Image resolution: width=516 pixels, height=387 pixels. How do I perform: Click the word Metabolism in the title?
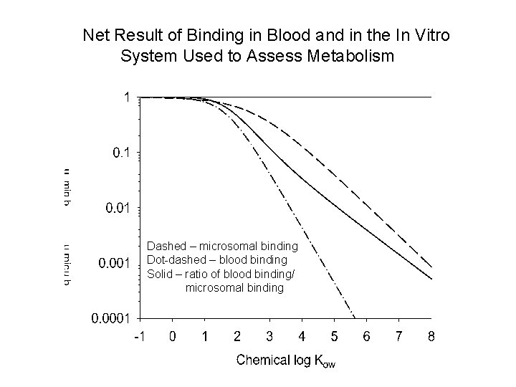pyautogui.click(x=353, y=55)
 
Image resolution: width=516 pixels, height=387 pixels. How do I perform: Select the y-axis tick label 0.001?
pyautogui.click(x=114, y=263)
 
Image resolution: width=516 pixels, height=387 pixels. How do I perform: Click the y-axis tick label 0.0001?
pyautogui.click(x=110, y=318)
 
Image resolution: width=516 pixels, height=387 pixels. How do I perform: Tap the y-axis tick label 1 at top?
pyautogui.click(x=127, y=97)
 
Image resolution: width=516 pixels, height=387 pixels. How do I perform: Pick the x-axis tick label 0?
pyautogui.click(x=173, y=335)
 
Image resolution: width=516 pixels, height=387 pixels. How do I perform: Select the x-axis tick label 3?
pyautogui.click(x=269, y=335)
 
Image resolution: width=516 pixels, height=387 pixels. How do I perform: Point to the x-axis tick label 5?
pyautogui.click(x=334, y=335)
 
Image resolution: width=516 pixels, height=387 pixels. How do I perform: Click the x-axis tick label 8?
pyautogui.click(x=431, y=335)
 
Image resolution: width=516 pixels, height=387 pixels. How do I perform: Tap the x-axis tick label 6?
pyautogui.click(x=366, y=335)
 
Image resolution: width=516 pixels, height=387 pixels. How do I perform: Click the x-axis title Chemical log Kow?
pyautogui.click(x=286, y=360)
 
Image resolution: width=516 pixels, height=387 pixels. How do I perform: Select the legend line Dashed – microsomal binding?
pyautogui.click(x=222, y=246)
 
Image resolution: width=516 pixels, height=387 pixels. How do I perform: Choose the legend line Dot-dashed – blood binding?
pyautogui.click(x=217, y=259)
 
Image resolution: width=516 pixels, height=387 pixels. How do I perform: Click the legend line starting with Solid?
pyautogui.click(x=221, y=273)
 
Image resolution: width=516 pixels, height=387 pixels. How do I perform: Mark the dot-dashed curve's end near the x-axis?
pyautogui.click(x=353, y=315)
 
